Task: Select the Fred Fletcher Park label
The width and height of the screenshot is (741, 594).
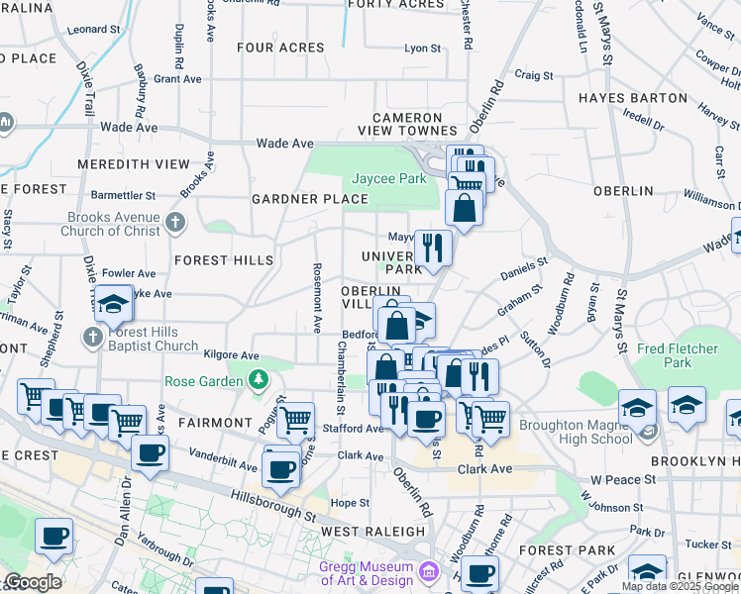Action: (678, 355)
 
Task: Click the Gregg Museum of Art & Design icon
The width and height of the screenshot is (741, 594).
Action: (428, 571)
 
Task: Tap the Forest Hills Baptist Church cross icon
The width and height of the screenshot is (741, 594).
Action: (92, 338)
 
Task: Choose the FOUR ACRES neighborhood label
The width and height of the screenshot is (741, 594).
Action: (280, 48)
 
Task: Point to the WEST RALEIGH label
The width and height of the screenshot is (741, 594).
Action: (373, 532)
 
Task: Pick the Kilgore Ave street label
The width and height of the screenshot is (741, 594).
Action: (231, 355)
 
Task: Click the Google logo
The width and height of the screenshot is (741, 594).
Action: (32, 582)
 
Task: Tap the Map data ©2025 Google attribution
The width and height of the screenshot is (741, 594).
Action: (680, 586)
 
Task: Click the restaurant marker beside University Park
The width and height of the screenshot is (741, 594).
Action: (432, 247)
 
